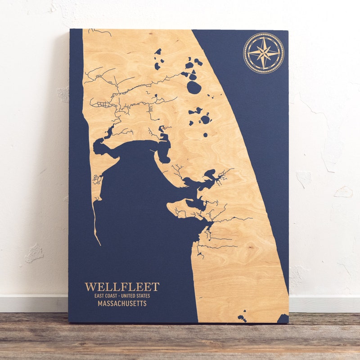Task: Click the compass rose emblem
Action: [x=263, y=53]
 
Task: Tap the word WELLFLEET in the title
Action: [x=122, y=287]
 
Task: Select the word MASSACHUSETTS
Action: [x=122, y=304]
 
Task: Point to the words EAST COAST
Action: [x=108, y=296]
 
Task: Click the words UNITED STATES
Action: [x=135, y=296]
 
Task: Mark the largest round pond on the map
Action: [x=194, y=87]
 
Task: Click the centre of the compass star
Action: [x=263, y=53]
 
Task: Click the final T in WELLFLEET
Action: [x=156, y=287]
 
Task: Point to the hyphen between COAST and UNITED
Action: [x=119, y=296]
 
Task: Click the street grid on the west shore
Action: [x=103, y=104]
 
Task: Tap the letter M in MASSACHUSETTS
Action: [x=100, y=304]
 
